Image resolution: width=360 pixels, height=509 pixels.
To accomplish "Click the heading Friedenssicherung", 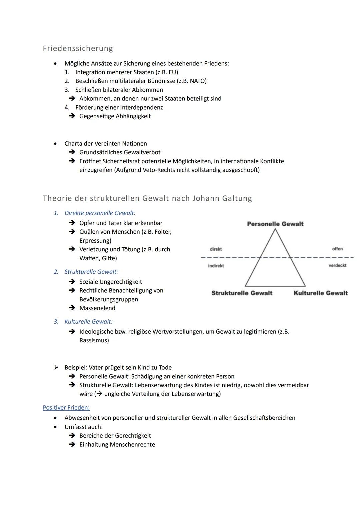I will click(x=78, y=48).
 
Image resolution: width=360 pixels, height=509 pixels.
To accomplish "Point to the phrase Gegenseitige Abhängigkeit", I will click(x=115, y=116).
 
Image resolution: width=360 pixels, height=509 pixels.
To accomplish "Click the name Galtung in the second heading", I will click(x=236, y=198).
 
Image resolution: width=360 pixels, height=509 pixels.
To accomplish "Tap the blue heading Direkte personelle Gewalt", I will click(x=100, y=213).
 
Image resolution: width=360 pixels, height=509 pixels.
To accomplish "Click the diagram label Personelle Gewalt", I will click(x=275, y=224).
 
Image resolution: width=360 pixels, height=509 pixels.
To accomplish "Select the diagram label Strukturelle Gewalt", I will click(x=242, y=293).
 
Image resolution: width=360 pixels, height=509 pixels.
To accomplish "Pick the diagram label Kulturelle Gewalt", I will click(x=320, y=293).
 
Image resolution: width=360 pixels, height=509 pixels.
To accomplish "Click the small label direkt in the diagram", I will click(x=216, y=249).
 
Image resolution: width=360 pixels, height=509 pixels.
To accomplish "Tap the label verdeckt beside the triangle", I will click(x=337, y=265).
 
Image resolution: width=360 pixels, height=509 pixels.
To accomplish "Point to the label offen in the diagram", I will click(x=337, y=249).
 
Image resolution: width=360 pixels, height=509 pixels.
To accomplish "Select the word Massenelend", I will click(x=97, y=308).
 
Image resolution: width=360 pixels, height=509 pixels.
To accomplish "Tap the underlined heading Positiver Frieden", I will click(x=66, y=407).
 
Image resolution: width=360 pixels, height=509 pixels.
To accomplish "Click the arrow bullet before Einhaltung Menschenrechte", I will click(x=72, y=445).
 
